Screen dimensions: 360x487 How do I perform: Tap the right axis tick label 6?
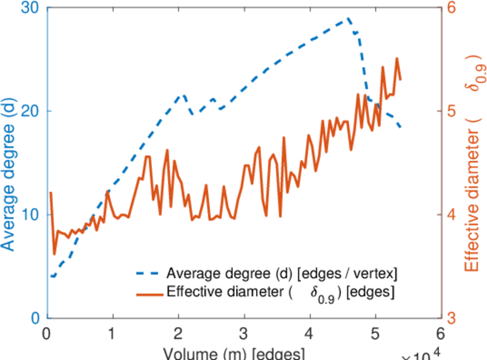[451, 8]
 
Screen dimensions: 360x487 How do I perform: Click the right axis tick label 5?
[451, 112]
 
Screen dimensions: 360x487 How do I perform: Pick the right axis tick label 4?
[451, 215]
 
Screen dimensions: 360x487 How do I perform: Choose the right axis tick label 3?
[451, 318]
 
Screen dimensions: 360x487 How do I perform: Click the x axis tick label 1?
[112, 334]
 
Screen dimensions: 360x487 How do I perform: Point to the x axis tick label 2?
[178, 334]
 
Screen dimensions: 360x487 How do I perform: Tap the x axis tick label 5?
[375, 334]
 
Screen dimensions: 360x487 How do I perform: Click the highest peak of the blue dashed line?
[348, 19]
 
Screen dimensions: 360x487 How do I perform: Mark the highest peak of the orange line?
[396, 59]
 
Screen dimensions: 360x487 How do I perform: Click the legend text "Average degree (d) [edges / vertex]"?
[282, 274]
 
